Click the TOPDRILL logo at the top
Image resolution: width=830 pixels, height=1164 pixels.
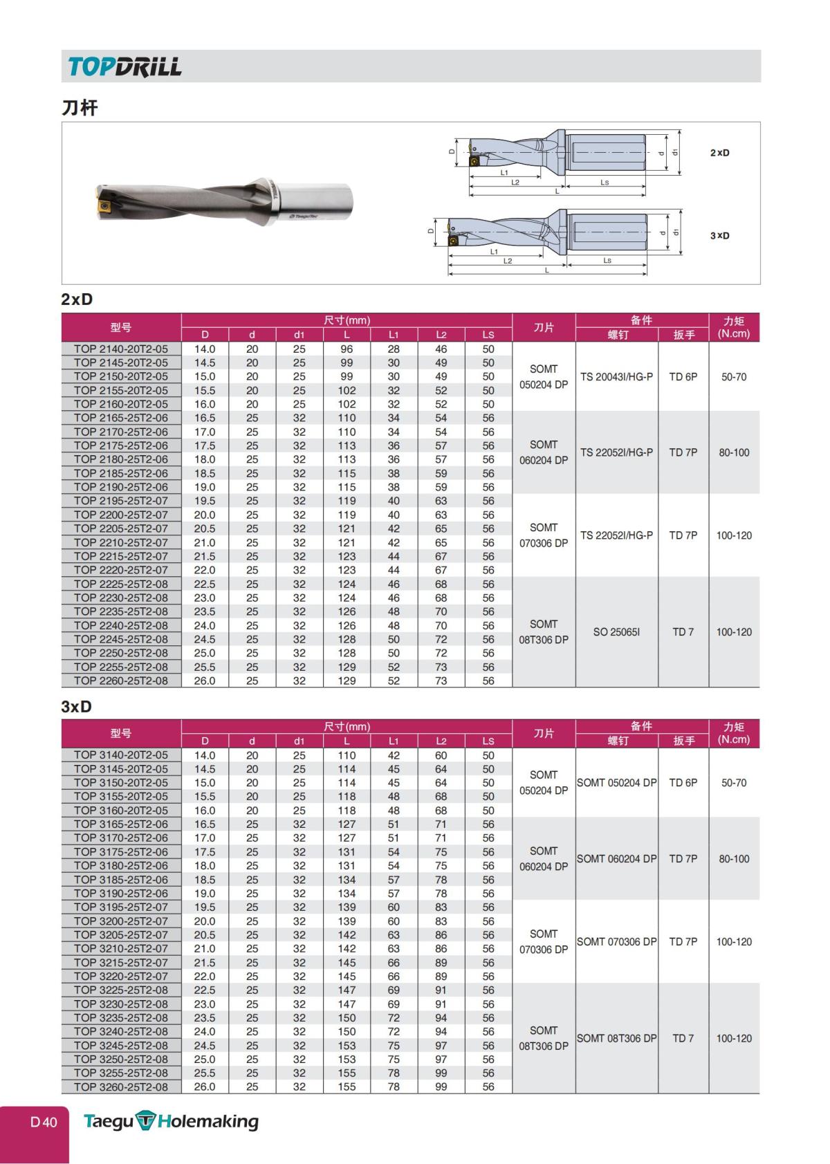pos(124,66)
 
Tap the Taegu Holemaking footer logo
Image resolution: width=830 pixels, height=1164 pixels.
pos(171,1121)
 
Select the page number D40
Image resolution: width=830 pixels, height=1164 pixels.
pos(44,1122)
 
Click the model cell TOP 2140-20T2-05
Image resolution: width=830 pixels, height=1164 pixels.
pos(121,349)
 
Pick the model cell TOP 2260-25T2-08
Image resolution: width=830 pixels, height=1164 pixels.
pos(121,681)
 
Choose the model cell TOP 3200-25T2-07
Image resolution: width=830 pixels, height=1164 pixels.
pos(121,921)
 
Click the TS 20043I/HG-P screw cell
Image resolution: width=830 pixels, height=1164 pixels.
pos(616,377)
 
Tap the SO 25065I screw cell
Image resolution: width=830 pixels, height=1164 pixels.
pos(616,631)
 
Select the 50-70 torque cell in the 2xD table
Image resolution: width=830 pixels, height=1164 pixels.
pos(734,377)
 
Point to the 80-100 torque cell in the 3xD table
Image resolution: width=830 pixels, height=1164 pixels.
pos(734,858)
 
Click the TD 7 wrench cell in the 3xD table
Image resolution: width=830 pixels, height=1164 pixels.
pos(683,1038)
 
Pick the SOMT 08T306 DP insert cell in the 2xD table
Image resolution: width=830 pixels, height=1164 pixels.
pos(544,631)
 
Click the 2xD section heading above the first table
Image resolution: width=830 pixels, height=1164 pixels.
pos(77,299)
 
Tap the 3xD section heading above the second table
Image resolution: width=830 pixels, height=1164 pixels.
pos(77,706)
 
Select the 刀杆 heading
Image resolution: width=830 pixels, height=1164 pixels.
pos(80,108)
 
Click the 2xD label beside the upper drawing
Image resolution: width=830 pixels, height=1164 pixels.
pos(719,153)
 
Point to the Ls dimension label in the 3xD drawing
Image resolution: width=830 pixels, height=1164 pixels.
pos(607,261)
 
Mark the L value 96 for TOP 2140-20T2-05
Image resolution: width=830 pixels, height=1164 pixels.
pos(347,349)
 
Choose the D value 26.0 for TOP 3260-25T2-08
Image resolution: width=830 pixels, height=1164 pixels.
pos(205,1087)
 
